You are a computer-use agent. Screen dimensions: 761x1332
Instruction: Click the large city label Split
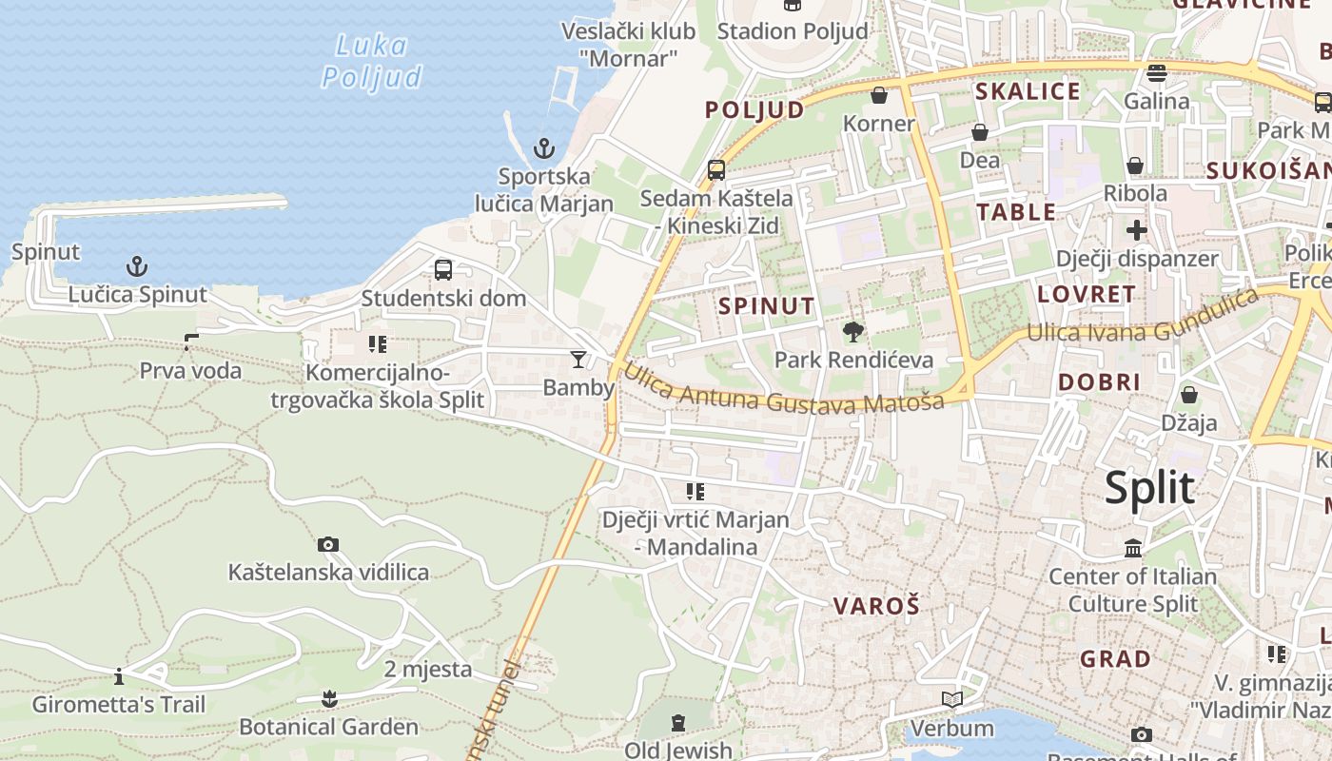pos(1149,488)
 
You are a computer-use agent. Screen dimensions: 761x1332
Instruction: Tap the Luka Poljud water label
pos(371,61)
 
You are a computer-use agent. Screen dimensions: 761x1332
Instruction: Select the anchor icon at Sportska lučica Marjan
pos(543,148)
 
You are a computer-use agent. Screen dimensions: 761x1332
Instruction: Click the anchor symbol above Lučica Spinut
pos(137,265)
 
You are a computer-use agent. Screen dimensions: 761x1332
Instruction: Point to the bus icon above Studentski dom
pos(443,269)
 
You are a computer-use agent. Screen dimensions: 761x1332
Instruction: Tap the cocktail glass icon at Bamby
pos(578,359)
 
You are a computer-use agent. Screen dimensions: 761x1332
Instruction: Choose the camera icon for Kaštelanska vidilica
pos(328,544)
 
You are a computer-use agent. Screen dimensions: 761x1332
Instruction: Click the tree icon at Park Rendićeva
pos(852,331)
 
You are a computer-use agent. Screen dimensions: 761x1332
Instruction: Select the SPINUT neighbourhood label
pos(767,305)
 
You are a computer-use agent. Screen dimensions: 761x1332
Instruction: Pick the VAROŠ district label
pos(876,606)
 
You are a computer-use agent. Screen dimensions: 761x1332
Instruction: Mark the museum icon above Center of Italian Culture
pos(1133,548)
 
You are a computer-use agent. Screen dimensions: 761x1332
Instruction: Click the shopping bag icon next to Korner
pos(879,95)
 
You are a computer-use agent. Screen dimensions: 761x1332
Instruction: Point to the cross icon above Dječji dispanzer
pos(1136,229)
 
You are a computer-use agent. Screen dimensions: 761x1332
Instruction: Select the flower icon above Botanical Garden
pos(329,699)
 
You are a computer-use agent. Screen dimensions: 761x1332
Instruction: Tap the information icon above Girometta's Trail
pos(119,676)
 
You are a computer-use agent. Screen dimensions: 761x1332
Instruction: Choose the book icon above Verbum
pos(951,700)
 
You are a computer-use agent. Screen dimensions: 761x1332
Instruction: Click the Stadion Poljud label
pos(793,31)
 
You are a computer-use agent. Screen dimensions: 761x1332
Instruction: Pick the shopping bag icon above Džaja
pos(1188,394)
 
